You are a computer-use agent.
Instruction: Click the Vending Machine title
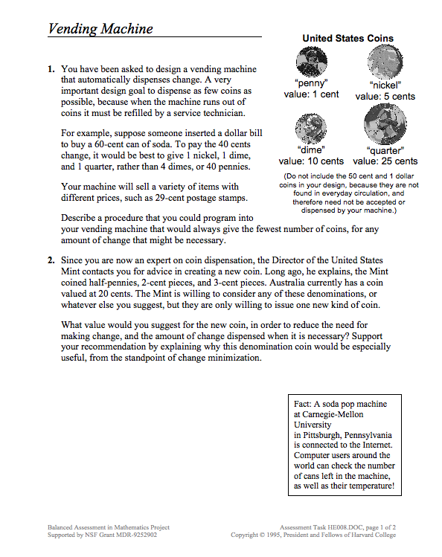pos(100,29)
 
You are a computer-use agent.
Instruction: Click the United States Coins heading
pos(347,39)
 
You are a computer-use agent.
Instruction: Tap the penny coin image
pos(311,62)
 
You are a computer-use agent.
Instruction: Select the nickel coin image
pos(385,62)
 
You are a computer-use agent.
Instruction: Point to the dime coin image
pos(311,129)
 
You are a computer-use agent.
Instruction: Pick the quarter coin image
pos(385,125)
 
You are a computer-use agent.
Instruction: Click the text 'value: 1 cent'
pos(311,94)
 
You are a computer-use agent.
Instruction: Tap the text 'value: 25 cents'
pos(385,161)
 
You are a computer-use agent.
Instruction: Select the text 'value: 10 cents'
pos(311,161)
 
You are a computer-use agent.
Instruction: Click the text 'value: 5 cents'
pos(385,97)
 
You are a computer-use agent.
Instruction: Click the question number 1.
pos(51,69)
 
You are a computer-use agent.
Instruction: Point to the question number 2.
pos(51,261)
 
